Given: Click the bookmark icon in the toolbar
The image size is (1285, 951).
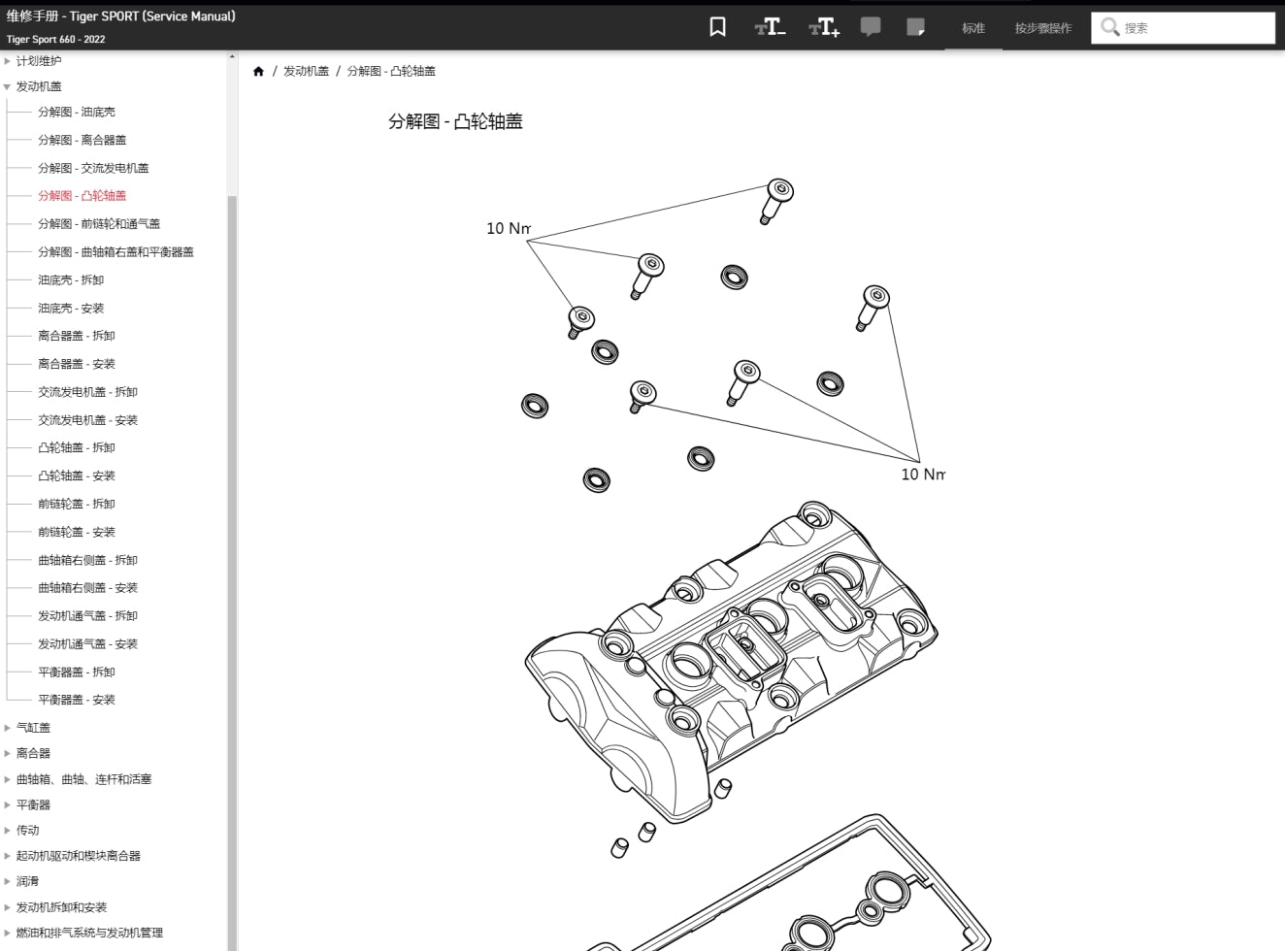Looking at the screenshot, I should coord(717,27).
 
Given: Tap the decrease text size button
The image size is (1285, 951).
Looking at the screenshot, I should coord(771,27).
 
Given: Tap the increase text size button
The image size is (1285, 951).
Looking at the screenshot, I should coord(824,27).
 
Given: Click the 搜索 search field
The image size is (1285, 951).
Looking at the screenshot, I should coord(1194,28).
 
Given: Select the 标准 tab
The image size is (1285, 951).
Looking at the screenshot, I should coord(973,28).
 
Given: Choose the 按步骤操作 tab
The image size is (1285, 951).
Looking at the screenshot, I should coord(1043,28).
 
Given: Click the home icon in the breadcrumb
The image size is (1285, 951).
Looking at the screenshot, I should coord(258,72).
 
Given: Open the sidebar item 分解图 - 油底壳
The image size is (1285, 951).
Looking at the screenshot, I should coord(77,113).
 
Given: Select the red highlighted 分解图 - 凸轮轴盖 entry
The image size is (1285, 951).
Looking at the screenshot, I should coord(82,196).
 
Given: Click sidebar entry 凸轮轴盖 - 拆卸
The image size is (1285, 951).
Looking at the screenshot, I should coord(77,448).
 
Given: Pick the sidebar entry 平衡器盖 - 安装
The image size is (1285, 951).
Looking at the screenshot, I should coord(77,700).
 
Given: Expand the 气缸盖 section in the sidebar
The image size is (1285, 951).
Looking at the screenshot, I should coord(33,728).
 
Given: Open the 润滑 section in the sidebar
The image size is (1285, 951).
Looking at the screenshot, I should coord(27,882).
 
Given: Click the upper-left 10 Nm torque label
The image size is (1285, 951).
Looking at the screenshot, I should coord(509,229).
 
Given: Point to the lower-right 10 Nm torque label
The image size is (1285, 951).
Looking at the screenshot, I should coord(922,475).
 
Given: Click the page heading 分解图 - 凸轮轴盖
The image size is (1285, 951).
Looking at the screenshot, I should coord(455,122).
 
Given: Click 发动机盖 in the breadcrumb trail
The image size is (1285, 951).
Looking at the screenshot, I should coord(306,72).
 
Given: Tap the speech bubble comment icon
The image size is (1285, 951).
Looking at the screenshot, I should coord(871,27).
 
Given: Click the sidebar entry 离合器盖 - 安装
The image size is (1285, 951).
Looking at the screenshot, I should coord(77,364).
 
